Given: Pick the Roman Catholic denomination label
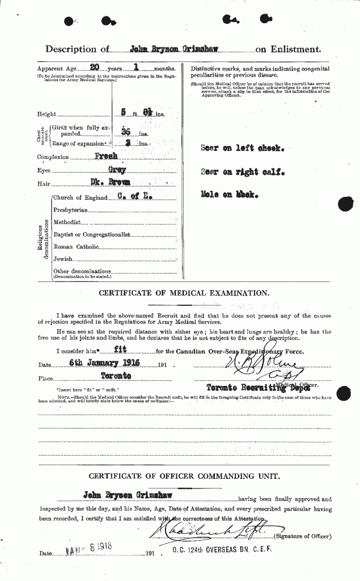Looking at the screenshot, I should (x=76, y=247).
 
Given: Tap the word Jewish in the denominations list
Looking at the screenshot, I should (x=63, y=259).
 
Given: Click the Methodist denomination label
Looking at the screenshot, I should (x=67, y=222).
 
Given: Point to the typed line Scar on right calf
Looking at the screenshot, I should (x=240, y=171).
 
